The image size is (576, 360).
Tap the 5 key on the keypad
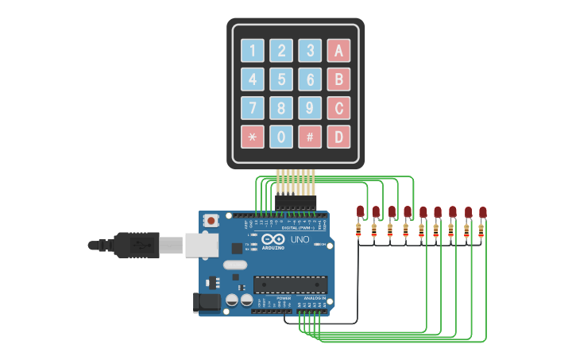click(x=281, y=79)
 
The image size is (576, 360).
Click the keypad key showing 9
click(x=310, y=108)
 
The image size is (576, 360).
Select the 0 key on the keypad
click(x=281, y=137)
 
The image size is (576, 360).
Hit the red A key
click(x=338, y=51)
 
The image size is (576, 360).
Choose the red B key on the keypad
click(x=338, y=79)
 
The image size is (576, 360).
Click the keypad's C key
click(x=338, y=108)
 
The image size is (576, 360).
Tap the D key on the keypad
click(x=338, y=137)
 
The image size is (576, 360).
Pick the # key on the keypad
click(x=310, y=137)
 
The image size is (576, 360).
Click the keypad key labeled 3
click(x=310, y=51)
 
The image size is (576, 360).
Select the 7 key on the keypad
click(x=253, y=108)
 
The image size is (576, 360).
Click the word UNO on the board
click(x=300, y=240)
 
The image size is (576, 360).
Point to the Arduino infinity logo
click(x=274, y=240)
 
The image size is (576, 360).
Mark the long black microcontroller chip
click(x=290, y=285)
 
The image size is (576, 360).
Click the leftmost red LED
click(x=360, y=211)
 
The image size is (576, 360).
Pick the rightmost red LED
click(x=482, y=212)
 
